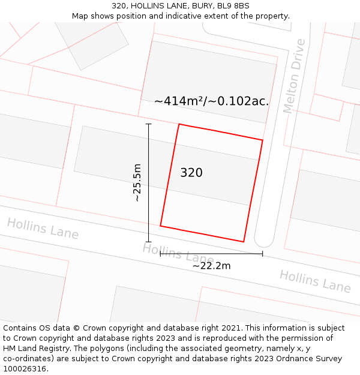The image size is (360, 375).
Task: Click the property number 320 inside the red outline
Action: (191, 173)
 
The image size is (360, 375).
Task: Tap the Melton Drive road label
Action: (295, 76)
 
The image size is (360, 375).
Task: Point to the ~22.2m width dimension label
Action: (211, 266)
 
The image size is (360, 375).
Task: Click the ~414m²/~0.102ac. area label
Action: (211, 101)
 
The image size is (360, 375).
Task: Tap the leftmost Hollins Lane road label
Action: (43, 229)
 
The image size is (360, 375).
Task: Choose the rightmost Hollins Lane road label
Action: (315, 281)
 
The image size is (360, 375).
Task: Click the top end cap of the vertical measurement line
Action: (149, 124)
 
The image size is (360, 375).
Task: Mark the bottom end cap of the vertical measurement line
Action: (149, 242)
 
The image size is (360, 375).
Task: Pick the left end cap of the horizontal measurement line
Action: (160, 254)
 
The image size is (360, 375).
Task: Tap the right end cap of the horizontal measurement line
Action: (262, 254)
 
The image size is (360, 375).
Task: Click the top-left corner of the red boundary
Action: (179, 124)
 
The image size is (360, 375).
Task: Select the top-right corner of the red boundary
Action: (263, 140)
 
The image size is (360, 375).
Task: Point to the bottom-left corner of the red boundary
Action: (160, 226)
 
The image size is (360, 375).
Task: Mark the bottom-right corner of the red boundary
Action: (244, 242)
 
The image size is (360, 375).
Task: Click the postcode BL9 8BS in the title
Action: (232, 6)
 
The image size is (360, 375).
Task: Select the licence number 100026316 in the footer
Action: (23, 369)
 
